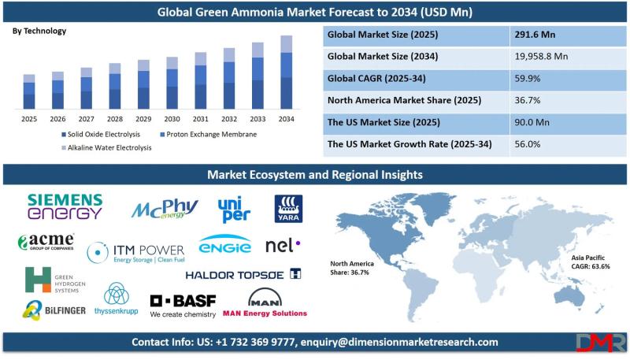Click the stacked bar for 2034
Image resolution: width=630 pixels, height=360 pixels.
(x=286, y=72)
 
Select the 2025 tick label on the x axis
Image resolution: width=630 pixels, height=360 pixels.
(x=29, y=119)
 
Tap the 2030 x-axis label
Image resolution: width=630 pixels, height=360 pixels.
(x=172, y=119)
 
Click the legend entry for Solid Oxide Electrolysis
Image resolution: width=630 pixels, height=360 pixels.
(x=101, y=134)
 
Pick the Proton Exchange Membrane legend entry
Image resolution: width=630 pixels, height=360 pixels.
(x=208, y=134)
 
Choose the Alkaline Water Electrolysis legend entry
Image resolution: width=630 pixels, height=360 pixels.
(x=106, y=148)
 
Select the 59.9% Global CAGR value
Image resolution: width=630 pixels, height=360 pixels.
(x=527, y=78)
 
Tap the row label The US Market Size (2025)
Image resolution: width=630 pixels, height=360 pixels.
(x=384, y=122)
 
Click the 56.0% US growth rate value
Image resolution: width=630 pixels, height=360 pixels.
(x=527, y=144)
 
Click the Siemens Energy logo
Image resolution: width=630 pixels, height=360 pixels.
(x=65, y=206)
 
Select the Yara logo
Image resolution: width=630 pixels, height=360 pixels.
(x=288, y=209)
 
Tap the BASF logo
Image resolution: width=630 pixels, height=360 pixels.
(x=183, y=306)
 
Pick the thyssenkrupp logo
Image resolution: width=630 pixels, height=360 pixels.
(x=116, y=299)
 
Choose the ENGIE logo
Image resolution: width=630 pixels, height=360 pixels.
(x=225, y=244)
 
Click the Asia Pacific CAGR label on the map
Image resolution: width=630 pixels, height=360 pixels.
(x=591, y=262)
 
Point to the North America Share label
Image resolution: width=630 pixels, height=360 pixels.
(x=352, y=268)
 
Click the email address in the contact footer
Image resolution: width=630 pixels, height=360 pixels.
(x=399, y=343)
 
